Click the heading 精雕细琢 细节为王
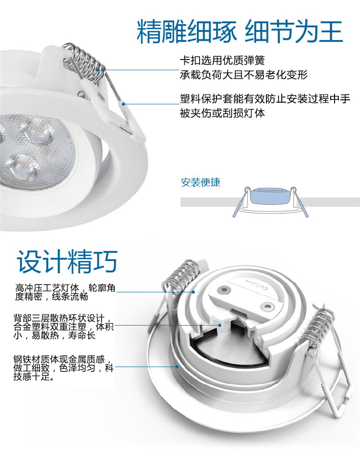(240, 32)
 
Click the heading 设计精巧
(67, 262)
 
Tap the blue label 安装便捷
(201, 182)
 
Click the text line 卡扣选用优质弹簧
(222, 60)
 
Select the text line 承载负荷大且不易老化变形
(243, 75)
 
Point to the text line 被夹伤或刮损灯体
(222, 113)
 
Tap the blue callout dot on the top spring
(98, 70)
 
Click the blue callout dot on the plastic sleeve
(123, 104)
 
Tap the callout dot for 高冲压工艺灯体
(193, 292)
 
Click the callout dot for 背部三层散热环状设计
(220, 325)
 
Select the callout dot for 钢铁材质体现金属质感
(178, 367)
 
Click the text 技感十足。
(34, 376)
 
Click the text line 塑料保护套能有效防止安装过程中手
(265, 99)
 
